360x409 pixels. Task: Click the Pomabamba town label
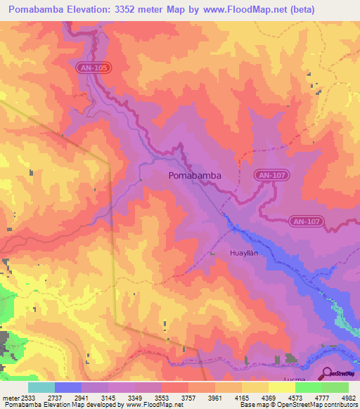pyautogui.click(x=195, y=176)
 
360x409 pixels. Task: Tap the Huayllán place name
pyautogui.click(x=245, y=252)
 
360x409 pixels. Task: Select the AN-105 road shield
pyautogui.click(x=94, y=67)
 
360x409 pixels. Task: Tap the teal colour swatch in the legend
pyautogui.click(x=41, y=387)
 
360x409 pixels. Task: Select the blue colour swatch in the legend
pyautogui.click(x=67, y=387)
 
